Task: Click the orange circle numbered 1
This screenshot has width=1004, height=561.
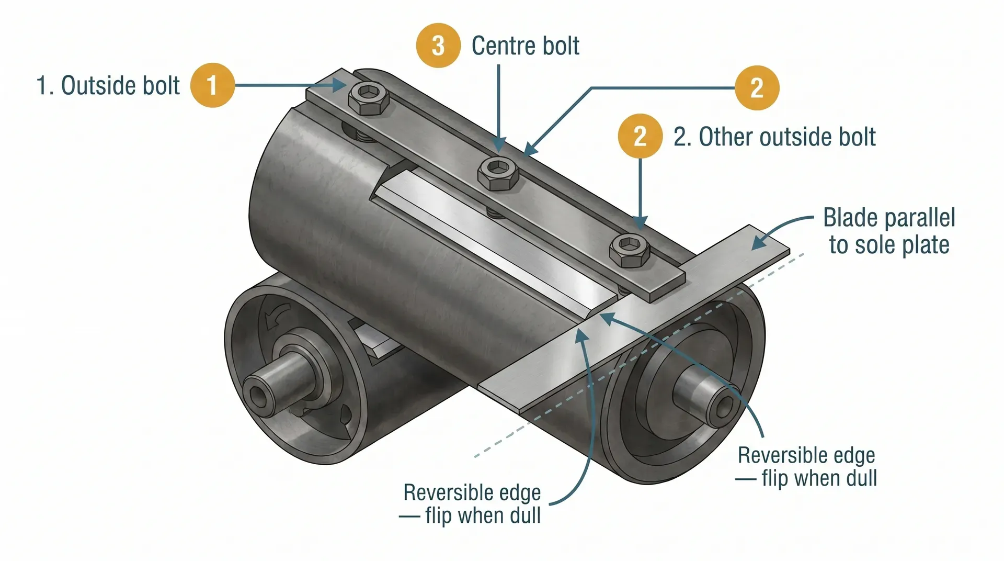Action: (x=212, y=85)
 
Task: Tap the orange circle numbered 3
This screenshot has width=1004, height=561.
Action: (x=438, y=46)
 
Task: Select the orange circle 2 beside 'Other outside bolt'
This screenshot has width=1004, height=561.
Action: (x=640, y=136)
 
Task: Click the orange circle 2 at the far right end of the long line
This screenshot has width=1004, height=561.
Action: (x=757, y=87)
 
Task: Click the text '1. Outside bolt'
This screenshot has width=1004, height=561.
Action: (x=108, y=85)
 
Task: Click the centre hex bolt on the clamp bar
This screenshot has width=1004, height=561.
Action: (x=498, y=173)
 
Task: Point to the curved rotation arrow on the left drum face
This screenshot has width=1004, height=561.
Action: (x=274, y=316)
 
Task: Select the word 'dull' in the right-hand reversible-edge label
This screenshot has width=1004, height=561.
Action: (x=858, y=478)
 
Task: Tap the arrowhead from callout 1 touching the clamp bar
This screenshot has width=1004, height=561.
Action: (x=340, y=85)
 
